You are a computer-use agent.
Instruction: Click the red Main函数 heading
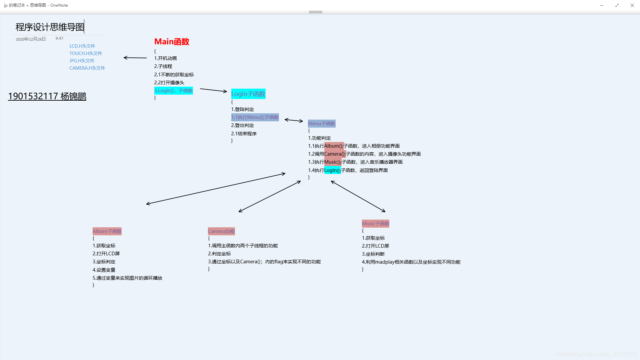click(x=172, y=42)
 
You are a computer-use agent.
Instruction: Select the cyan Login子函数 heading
click(x=248, y=94)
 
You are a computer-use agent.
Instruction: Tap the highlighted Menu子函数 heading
click(x=322, y=124)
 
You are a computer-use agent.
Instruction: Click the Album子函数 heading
click(x=107, y=231)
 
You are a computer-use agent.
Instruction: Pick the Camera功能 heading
click(x=221, y=231)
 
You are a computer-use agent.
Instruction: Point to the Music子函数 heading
click(x=376, y=224)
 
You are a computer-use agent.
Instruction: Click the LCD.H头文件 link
click(x=82, y=46)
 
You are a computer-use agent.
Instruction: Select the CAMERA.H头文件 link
click(x=87, y=68)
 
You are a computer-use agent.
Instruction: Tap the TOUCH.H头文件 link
click(x=86, y=53)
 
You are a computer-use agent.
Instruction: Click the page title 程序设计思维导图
click(x=50, y=27)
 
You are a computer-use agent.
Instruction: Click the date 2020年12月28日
click(x=31, y=39)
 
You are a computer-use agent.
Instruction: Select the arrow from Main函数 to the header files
click(x=135, y=58)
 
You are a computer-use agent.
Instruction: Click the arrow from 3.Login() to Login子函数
click(x=213, y=90)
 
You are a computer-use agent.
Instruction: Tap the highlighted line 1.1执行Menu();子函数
click(x=255, y=117)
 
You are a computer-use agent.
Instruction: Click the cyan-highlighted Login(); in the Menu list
click(x=332, y=170)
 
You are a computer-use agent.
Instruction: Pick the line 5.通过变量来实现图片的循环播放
click(x=127, y=278)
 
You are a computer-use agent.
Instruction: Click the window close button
click(x=632, y=5)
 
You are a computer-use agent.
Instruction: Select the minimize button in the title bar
click(x=602, y=5)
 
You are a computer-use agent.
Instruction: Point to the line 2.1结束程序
click(x=244, y=134)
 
